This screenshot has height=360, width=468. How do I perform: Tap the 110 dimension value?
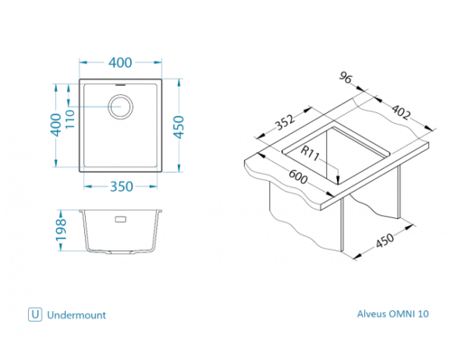coord(69,118)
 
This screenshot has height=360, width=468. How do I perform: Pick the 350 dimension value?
coord(119,187)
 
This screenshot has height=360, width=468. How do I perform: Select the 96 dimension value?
coord(346,78)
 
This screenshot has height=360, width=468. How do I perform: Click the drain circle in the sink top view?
coord(121,106)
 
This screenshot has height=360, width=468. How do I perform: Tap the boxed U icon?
coord(34,315)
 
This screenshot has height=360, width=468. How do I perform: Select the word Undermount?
coord(76,316)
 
